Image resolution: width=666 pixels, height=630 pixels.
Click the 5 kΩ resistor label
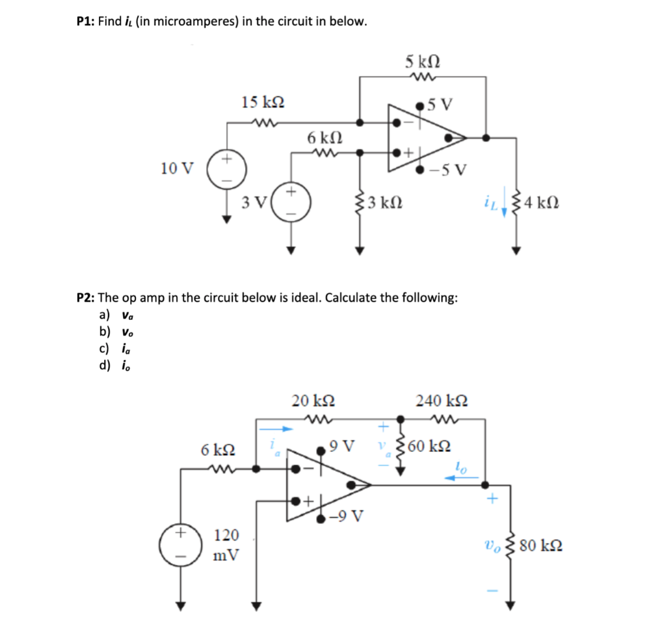[x=423, y=63]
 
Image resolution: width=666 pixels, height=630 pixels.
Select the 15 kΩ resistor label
[x=262, y=102]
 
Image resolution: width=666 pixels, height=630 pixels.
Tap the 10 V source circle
[x=227, y=168]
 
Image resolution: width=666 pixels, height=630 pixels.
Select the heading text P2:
[x=87, y=298]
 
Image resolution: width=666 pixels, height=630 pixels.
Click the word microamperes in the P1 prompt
[x=193, y=21]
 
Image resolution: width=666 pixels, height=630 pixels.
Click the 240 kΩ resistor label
[x=442, y=400]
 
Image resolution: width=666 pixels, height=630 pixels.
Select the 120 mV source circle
[x=180, y=544]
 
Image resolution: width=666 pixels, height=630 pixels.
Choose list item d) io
[x=113, y=365]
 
